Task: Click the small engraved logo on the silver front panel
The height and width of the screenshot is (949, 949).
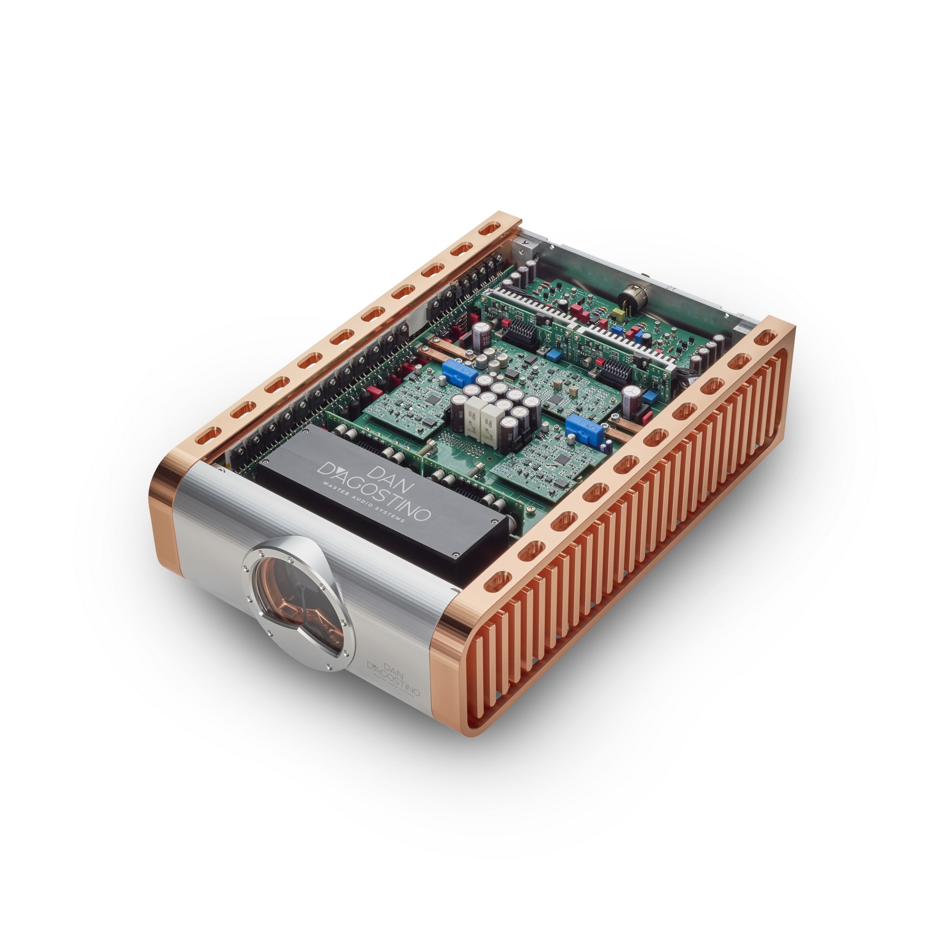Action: click(x=393, y=679)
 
